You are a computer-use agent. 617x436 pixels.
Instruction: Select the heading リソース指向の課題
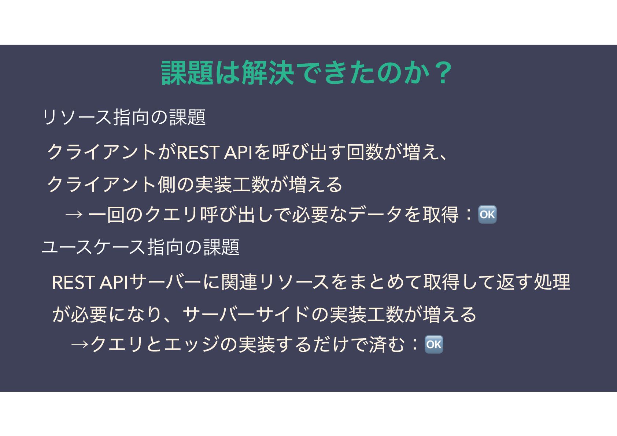[124, 118]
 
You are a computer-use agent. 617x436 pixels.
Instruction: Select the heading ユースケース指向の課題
[141, 247]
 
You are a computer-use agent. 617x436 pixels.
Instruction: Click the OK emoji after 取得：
[487, 215]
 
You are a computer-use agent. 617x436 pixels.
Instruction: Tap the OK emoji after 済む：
[434, 344]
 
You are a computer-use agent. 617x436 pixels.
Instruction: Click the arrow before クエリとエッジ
[80, 345]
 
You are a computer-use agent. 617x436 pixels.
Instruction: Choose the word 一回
[106, 215]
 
